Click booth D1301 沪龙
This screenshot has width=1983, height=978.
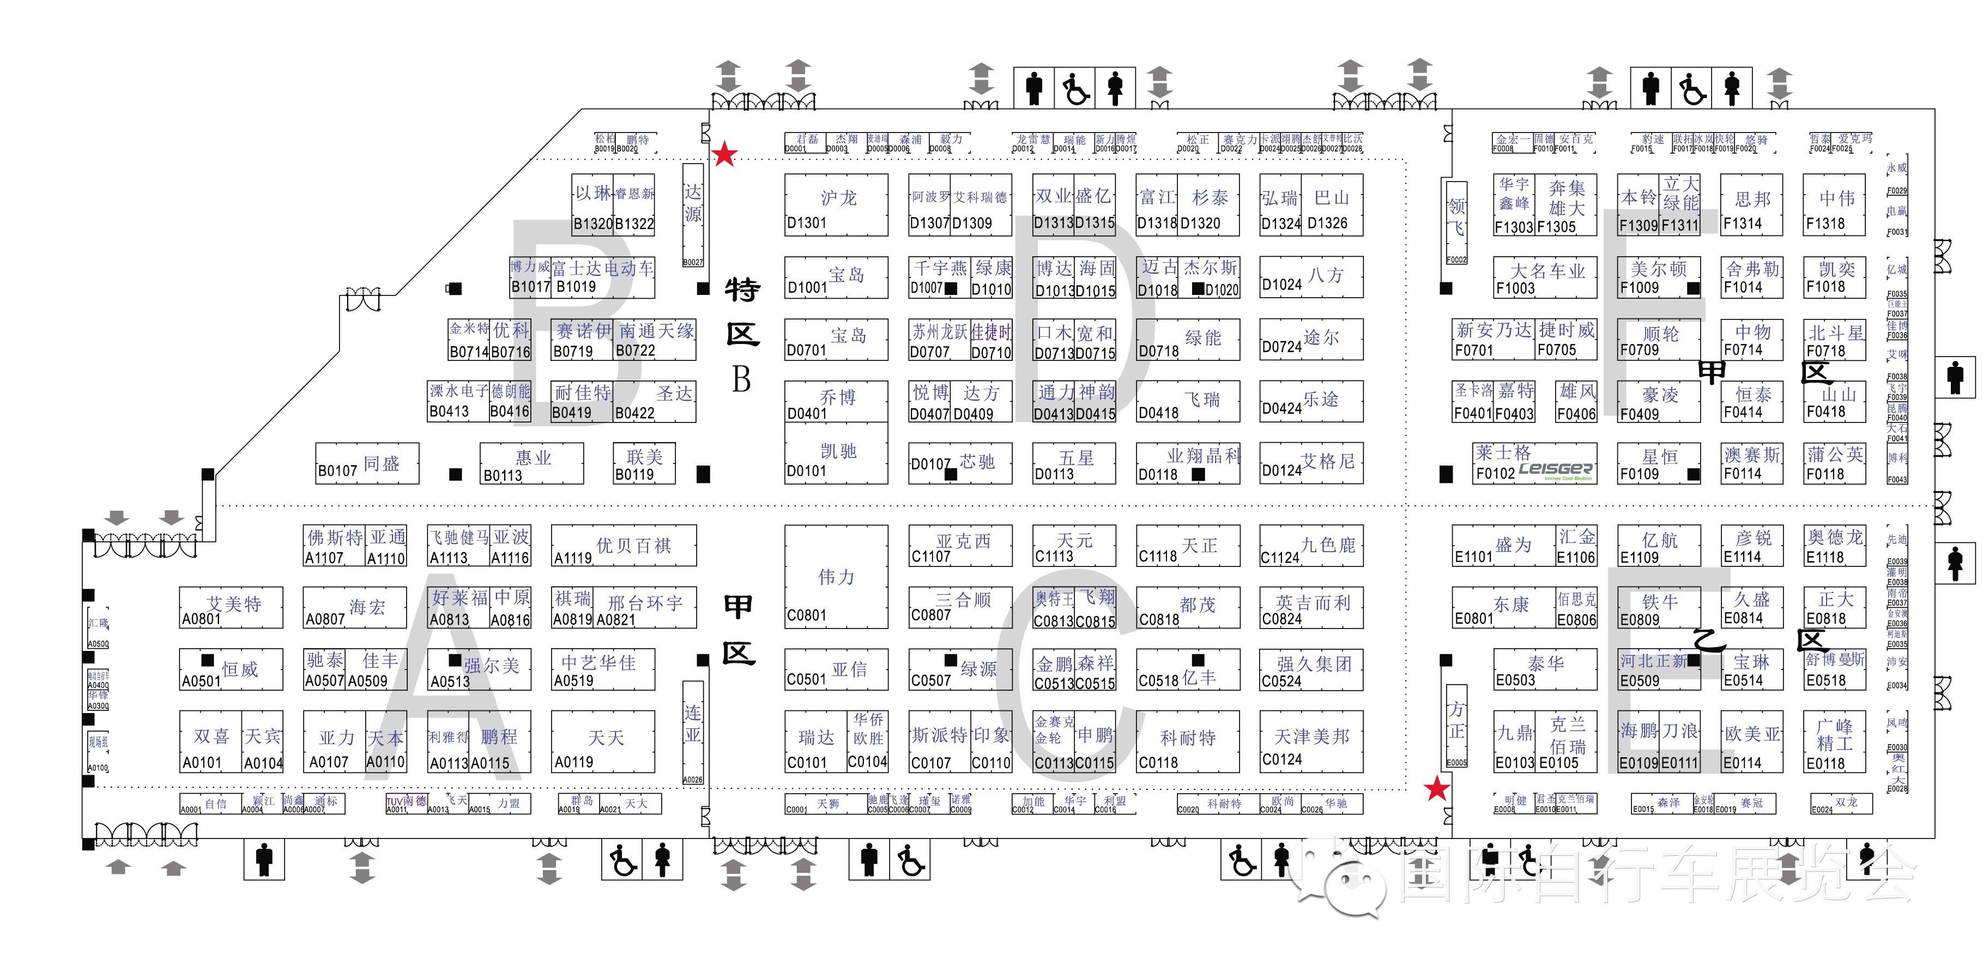(836, 205)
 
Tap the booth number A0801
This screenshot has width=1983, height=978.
(201, 619)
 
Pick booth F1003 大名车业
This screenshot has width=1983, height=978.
(1544, 278)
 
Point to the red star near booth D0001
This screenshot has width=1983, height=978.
(724, 155)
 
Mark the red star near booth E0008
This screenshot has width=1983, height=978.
(1436, 789)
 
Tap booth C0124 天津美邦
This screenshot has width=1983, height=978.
(1311, 741)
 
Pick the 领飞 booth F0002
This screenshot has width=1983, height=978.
(1456, 222)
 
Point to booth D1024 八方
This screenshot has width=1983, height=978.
(1311, 277)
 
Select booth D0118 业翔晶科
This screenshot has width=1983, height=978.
(1188, 463)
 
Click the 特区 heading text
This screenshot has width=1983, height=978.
(742, 312)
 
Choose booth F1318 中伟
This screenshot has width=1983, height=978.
(1834, 205)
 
